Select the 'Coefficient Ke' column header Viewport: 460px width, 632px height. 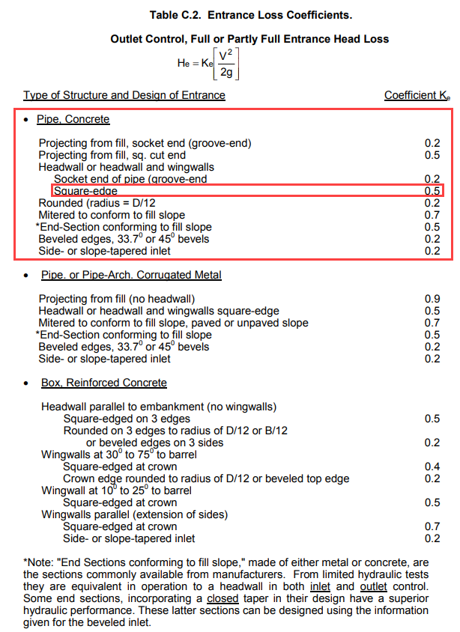click(x=417, y=95)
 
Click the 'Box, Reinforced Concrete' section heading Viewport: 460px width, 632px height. click(x=103, y=383)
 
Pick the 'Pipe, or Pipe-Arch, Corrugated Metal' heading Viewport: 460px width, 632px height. click(x=131, y=275)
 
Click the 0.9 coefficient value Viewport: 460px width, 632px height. click(x=432, y=299)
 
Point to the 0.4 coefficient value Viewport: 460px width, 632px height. click(x=432, y=467)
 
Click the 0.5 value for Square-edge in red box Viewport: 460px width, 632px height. click(x=432, y=191)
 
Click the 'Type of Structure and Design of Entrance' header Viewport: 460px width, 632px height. click(x=124, y=95)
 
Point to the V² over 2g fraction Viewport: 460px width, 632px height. click(x=224, y=63)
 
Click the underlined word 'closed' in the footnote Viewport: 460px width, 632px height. click(x=223, y=599)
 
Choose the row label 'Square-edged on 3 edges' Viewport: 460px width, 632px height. click(x=127, y=419)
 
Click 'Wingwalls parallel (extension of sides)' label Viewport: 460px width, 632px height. click(x=135, y=514)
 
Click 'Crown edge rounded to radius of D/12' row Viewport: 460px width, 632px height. click(x=206, y=478)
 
